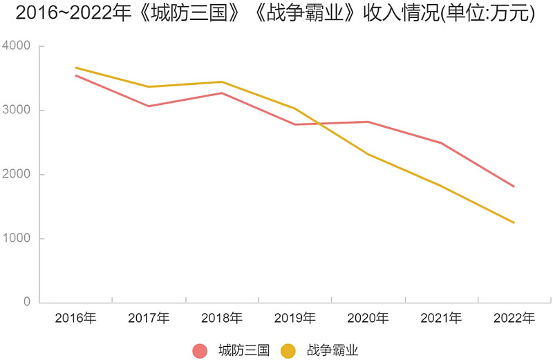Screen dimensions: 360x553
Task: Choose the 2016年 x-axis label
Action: (75, 319)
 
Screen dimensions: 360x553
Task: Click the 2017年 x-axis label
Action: (149, 319)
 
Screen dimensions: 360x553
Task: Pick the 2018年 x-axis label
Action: (222, 319)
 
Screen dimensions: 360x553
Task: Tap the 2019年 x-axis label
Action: (295, 319)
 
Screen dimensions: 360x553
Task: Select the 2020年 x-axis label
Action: (368, 319)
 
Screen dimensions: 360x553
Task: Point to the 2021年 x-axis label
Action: (441, 319)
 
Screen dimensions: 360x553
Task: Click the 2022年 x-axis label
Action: (514, 319)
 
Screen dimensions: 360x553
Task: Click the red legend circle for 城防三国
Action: (200, 350)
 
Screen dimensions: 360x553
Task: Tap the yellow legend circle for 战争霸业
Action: (288, 350)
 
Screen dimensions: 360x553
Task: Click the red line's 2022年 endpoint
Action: (514, 187)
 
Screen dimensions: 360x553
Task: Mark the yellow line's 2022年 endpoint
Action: (514, 222)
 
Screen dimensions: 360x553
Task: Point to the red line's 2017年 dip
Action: (149, 106)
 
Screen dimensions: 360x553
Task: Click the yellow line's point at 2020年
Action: (368, 154)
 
